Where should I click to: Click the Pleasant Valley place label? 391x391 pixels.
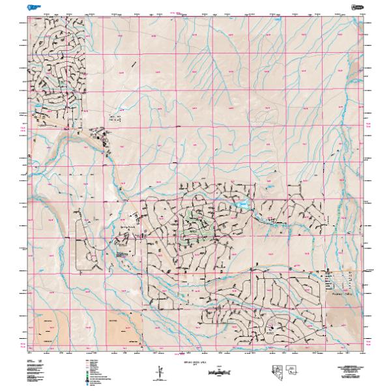(x=341, y=294)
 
